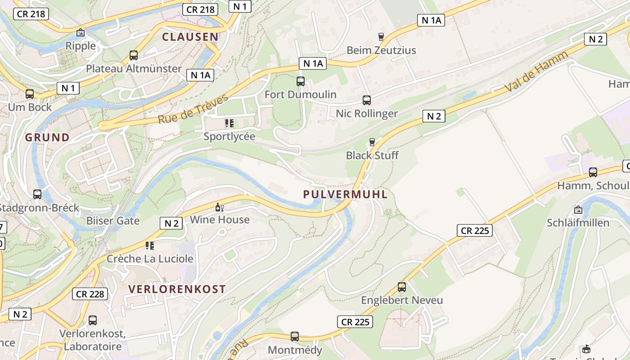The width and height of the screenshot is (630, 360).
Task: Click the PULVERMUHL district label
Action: click(345, 194)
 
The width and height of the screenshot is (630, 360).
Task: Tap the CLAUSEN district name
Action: click(190, 37)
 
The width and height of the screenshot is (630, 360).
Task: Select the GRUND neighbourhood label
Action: click(47, 137)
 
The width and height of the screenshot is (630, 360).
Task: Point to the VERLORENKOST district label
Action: click(177, 289)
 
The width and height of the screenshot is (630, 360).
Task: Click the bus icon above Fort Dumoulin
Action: click(301, 81)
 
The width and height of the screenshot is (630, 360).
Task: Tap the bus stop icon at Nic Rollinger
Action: click(367, 100)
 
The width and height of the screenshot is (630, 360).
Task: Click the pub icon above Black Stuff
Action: click(372, 142)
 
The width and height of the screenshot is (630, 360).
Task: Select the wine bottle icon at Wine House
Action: click(220, 207)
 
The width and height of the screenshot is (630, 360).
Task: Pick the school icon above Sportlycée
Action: click(229, 123)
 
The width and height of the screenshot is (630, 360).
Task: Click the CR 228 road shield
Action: click(90, 294)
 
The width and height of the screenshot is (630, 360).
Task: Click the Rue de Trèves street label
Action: click(193, 109)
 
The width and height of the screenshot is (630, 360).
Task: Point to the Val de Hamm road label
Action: click(536, 72)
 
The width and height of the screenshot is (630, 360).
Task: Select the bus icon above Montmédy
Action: click(295, 336)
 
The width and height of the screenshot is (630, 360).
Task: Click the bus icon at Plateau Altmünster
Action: click(134, 55)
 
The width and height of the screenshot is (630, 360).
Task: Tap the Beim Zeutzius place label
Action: click(381, 50)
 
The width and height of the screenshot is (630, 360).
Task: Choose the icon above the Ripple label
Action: click(81, 32)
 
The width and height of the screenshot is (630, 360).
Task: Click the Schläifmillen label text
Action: click(578, 223)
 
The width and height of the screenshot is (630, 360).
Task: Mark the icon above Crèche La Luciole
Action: click(150, 246)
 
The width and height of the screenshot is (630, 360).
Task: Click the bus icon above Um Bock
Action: click(30, 94)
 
